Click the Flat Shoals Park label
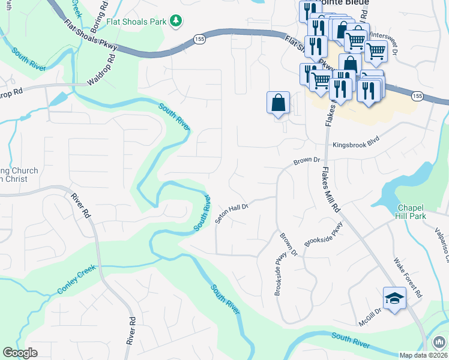[x=136, y=22]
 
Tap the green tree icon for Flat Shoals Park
[x=176, y=22]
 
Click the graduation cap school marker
[x=395, y=298]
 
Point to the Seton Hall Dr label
[x=232, y=213]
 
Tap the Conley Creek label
[x=77, y=280]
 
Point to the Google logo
[x=20, y=353]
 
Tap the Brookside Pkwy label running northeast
[x=324, y=236]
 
